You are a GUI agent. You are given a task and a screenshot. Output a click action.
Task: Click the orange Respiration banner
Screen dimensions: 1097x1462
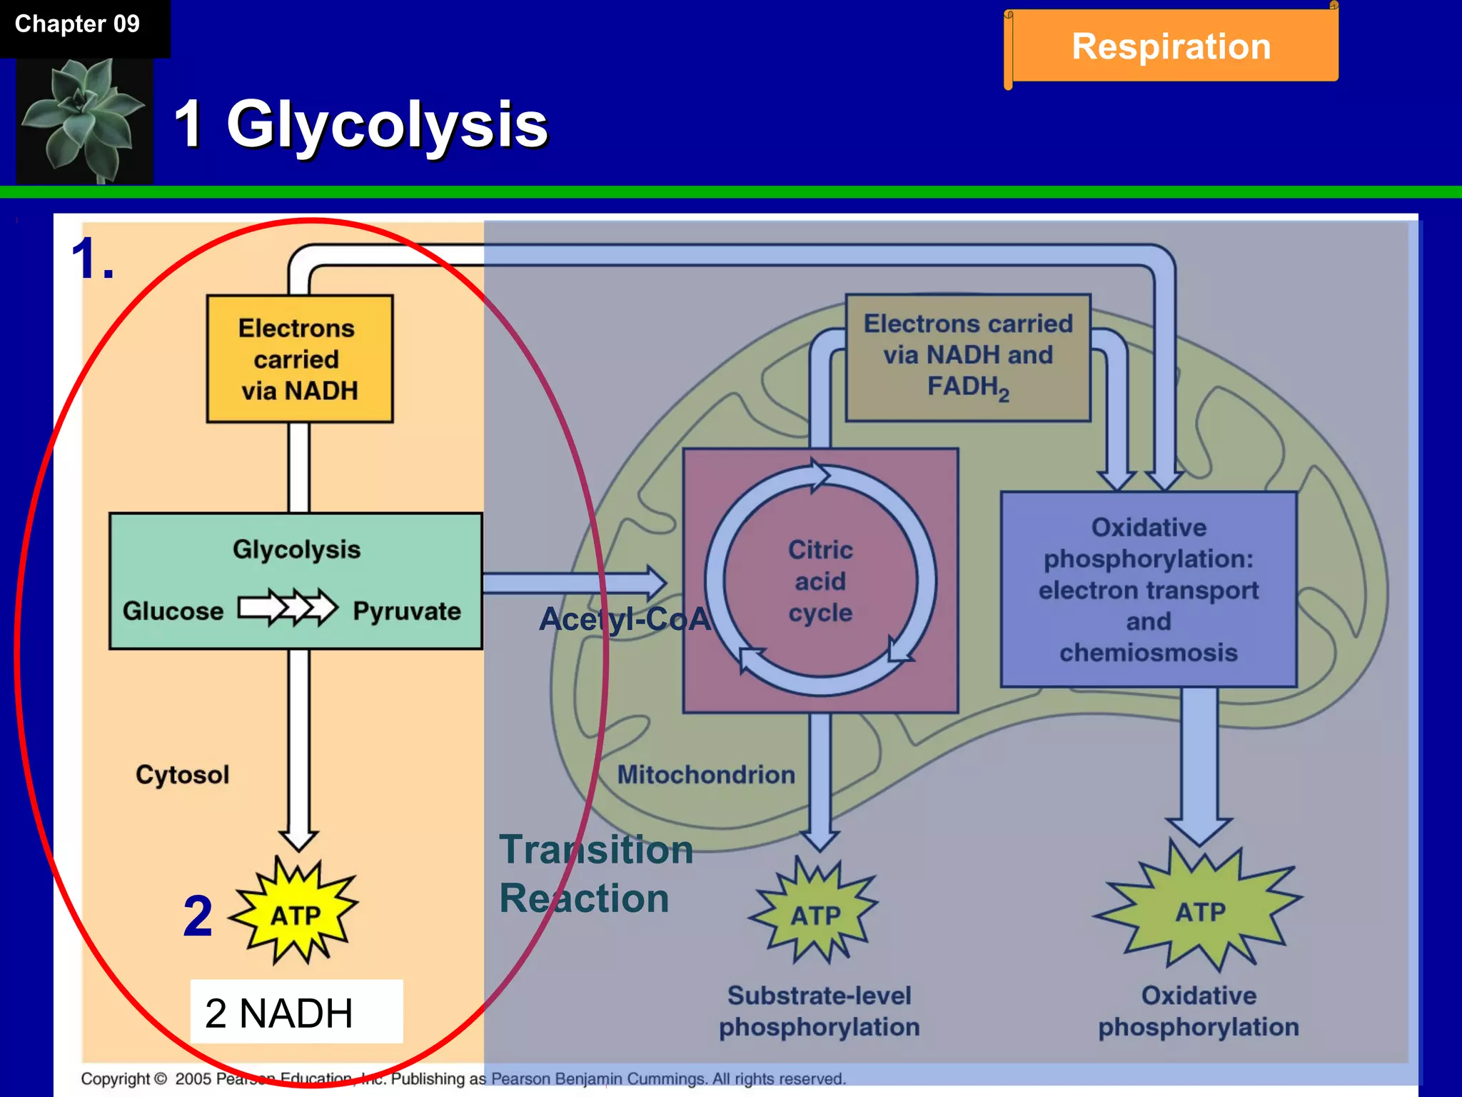click(x=1171, y=46)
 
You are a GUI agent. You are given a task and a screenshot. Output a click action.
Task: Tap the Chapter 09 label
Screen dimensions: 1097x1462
click(x=77, y=24)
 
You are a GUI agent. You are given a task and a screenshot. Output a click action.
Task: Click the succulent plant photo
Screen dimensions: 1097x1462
click(x=84, y=120)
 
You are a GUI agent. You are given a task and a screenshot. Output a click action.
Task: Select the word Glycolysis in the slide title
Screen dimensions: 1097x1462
click(x=387, y=125)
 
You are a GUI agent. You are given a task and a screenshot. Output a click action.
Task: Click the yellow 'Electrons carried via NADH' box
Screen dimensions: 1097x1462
click(x=299, y=359)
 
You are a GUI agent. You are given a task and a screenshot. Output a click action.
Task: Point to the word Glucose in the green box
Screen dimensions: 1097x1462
click(x=173, y=611)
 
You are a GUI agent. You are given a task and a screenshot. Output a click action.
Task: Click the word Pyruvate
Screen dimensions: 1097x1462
click(x=407, y=611)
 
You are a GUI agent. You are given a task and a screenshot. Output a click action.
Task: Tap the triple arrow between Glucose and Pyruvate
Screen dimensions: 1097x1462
click(x=288, y=608)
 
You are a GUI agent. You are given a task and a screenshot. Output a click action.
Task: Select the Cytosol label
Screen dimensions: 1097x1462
click(x=183, y=775)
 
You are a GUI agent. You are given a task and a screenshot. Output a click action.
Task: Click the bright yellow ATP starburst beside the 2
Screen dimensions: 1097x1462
click(x=296, y=914)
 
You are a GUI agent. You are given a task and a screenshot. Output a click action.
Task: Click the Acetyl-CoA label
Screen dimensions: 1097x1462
click(x=624, y=619)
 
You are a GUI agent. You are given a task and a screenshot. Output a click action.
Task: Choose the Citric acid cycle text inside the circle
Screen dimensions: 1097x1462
click(x=820, y=581)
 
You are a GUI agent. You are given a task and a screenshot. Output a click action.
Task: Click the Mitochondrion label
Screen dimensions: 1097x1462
click(x=706, y=775)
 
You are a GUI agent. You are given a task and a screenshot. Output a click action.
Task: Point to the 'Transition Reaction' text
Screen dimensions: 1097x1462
click(x=595, y=874)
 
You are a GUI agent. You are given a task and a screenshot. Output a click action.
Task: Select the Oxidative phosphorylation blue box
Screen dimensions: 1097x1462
click(x=1148, y=589)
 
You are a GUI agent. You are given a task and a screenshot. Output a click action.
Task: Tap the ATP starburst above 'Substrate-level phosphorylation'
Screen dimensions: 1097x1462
click(x=815, y=914)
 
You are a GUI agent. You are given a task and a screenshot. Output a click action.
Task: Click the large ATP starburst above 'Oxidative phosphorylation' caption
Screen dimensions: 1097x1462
click(x=1200, y=911)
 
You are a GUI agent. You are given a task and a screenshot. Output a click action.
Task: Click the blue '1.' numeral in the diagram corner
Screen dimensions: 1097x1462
click(x=93, y=259)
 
